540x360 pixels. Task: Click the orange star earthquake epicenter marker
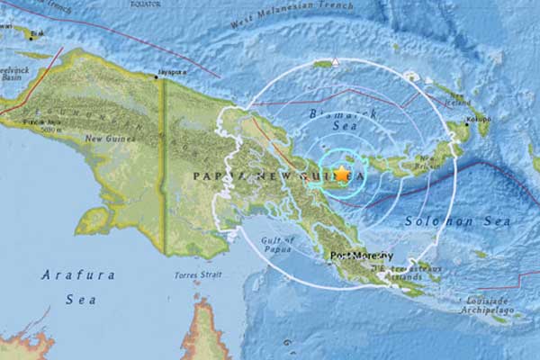342,173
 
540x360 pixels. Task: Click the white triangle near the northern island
336,62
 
